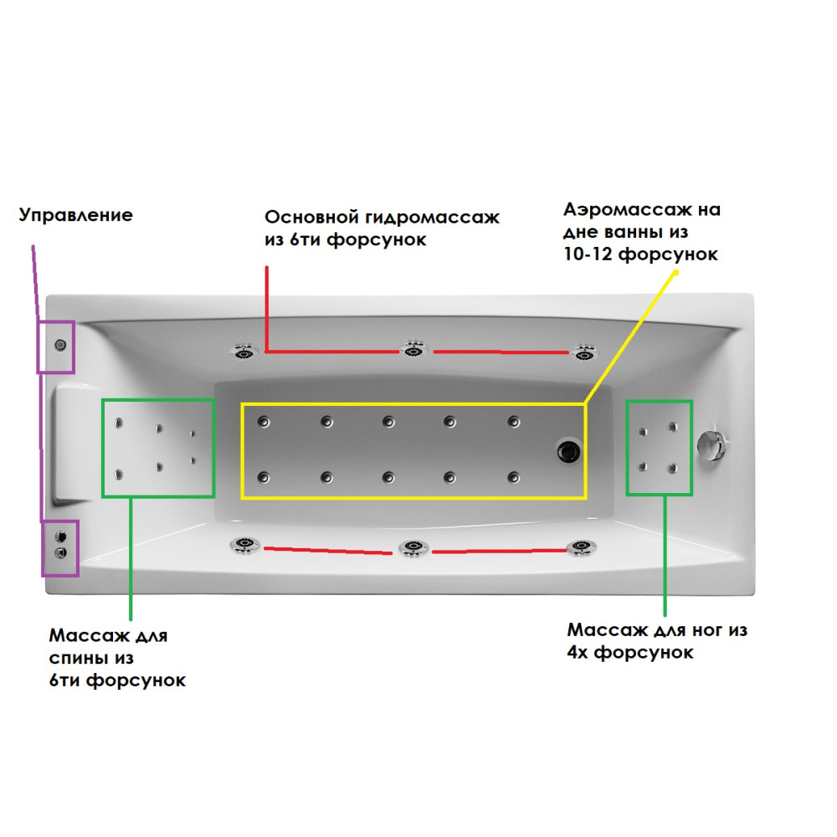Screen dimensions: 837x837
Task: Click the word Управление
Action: pos(75,215)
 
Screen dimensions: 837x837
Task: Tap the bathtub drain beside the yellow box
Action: pos(569,451)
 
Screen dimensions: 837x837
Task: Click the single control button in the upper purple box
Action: pos(60,345)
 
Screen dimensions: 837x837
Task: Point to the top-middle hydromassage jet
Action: pos(413,351)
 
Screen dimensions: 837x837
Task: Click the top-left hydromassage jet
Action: pos(244,352)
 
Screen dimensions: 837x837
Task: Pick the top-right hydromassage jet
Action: pos(583,352)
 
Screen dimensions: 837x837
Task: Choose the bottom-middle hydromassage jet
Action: pos(413,548)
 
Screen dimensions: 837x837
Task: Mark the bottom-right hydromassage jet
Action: pos(580,547)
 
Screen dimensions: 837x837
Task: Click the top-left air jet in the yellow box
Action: pos(264,421)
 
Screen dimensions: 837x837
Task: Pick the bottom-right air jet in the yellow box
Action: pos(513,477)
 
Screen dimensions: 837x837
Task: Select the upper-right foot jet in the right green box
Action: pos(672,429)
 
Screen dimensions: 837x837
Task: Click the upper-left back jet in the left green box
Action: pos(120,422)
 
